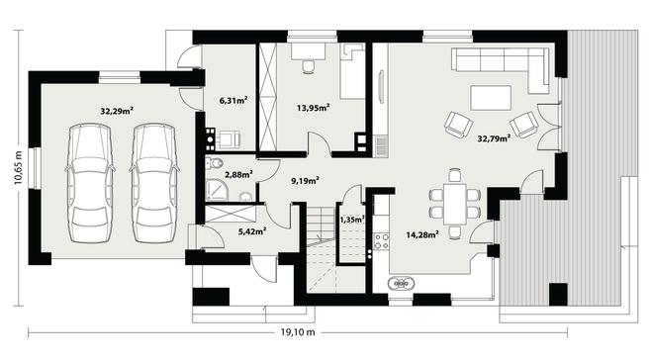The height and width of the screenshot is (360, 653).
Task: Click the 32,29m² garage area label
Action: tap(117, 111)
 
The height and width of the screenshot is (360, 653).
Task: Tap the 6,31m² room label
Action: tap(233, 100)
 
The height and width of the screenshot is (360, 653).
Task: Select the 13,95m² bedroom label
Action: tap(314, 108)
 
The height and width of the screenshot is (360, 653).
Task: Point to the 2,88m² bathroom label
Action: tap(239, 174)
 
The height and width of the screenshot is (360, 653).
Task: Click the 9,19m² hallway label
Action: tap(305, 181)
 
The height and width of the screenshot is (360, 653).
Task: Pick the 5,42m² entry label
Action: tap(252, 231)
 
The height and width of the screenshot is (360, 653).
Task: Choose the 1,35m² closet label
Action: tap(353, 220)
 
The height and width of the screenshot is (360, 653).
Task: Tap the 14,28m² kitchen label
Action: tap(422, 235)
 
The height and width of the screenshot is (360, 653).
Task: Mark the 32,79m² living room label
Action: tap(495, 138)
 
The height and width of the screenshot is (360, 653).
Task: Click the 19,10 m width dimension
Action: tap(298, 332)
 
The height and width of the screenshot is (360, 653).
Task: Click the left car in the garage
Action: tap(90, 183)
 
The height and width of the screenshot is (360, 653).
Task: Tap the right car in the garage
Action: tap(154, 183)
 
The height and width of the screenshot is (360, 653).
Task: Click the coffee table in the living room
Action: tap(491, 98)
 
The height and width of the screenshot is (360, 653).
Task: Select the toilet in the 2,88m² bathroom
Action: tap(215, 163)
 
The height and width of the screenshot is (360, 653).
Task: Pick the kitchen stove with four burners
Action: tap(382, 241)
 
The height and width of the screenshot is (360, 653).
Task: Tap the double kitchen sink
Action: tap(401, 284)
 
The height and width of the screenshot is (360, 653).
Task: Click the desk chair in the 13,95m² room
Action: tap(308, 66)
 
